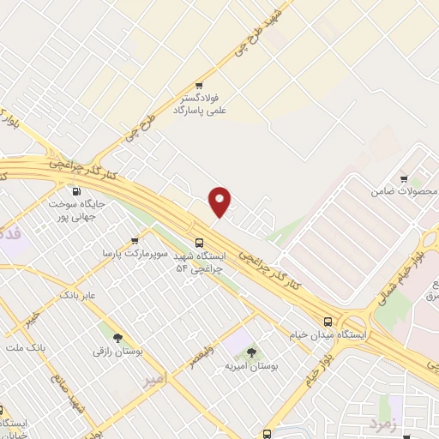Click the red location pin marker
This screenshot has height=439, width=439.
(220, 201)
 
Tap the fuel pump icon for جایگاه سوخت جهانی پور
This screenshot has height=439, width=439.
(77, 192)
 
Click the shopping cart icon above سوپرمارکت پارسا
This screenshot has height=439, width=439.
(135, 242)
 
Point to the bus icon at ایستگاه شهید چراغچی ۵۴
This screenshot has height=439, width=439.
(199, 243)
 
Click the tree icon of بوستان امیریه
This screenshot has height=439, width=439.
(251, 352)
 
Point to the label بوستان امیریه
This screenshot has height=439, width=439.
(249, 365)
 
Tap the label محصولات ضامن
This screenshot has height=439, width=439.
(400, 192)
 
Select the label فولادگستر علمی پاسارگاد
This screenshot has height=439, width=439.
(200, 105)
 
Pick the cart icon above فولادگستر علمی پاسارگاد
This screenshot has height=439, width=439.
(199, 86)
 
